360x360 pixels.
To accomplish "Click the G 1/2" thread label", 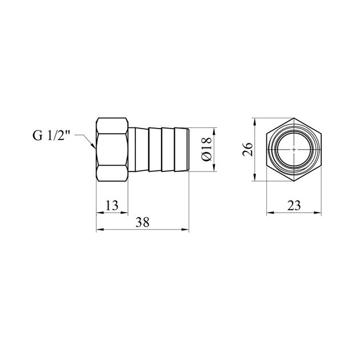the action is coord(51,135).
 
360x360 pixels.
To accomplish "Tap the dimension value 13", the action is coord(112,205).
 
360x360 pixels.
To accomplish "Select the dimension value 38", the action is coord(142,222).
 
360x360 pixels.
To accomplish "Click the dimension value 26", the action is coord(248,149).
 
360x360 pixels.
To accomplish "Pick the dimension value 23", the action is coord(294,205).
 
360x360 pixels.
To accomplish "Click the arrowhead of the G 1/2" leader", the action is coord(93,146).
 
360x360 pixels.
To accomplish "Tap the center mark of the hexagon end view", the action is coord(294,149).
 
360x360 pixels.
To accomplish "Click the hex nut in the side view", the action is coord(112,150).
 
